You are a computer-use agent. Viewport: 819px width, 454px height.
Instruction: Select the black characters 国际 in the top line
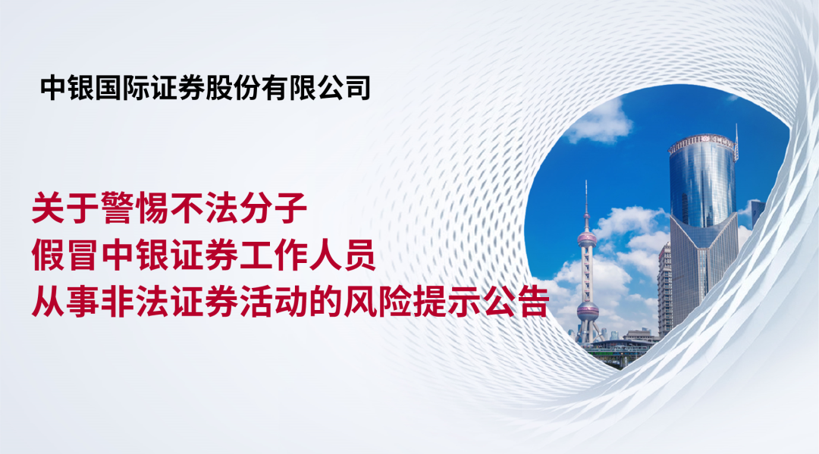pyautogui.click(x=122, y=88)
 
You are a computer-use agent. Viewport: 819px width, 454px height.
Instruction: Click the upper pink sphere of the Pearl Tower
pyautogui.click(x=586, y=240)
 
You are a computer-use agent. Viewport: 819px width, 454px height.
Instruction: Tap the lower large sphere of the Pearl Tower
pyautogui.click(x=588, y=311)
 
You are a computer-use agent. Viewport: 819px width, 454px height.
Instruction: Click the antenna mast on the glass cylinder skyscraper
pyautogui.click(x=736, y=142)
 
